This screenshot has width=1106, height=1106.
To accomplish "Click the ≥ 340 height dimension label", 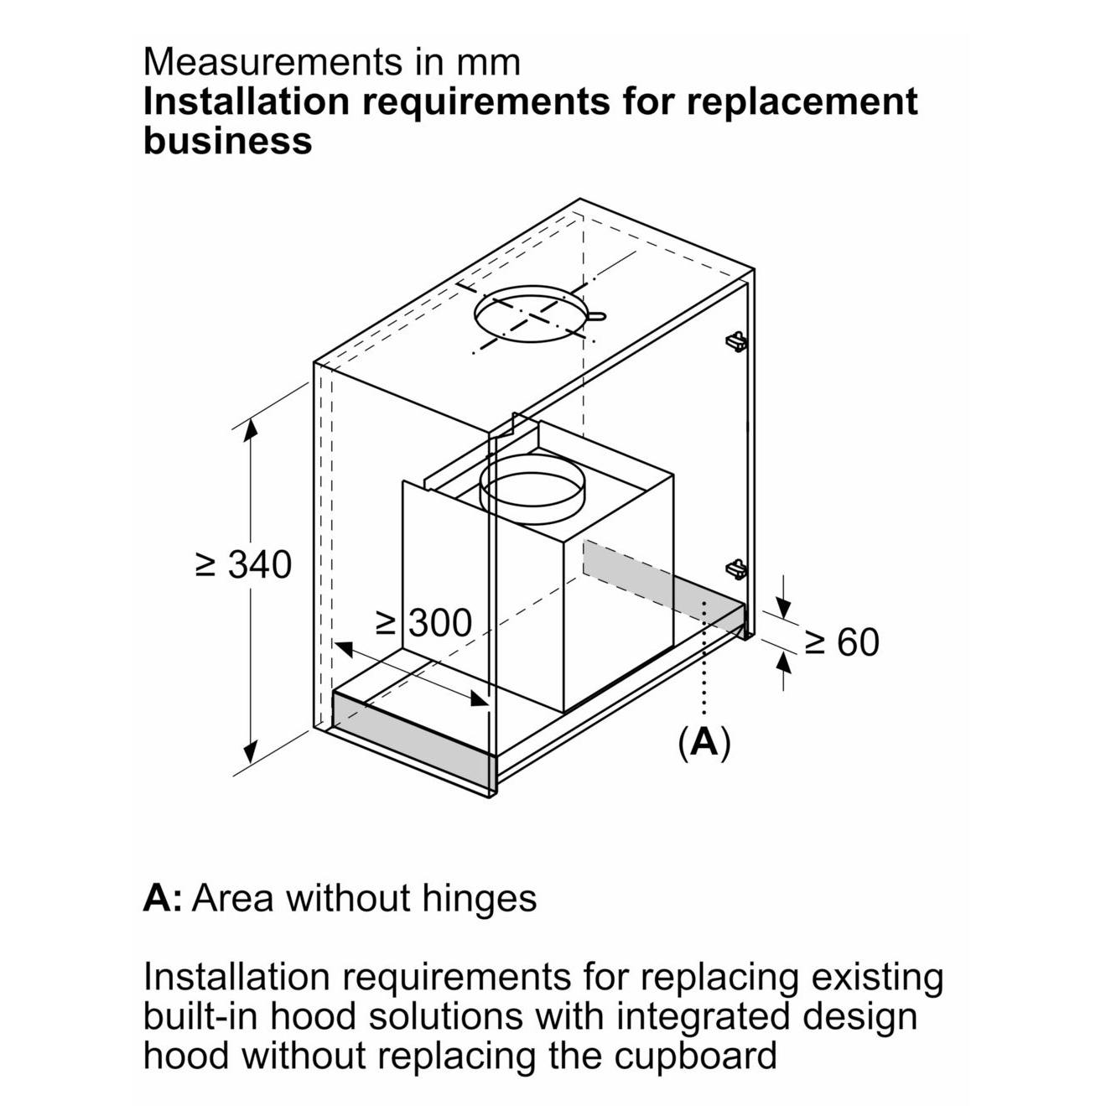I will tap(243, 564).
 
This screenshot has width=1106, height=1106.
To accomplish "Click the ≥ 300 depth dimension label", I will tap(424, 623).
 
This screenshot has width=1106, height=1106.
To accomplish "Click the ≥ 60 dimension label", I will tap(842, 641).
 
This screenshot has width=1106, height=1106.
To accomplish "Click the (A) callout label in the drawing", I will tap(704, 741).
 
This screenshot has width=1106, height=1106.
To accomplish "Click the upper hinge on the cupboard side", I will tap(735, 340).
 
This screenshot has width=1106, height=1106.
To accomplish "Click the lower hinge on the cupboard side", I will tap(735, 569).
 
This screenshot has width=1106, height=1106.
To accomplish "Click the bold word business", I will tap(227, 140).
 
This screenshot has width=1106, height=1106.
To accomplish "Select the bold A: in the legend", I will tap(162, 898).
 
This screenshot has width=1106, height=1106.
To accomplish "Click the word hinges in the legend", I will tap(480, 898).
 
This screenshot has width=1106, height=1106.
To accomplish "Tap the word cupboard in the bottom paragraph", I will tap(695, 1055).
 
